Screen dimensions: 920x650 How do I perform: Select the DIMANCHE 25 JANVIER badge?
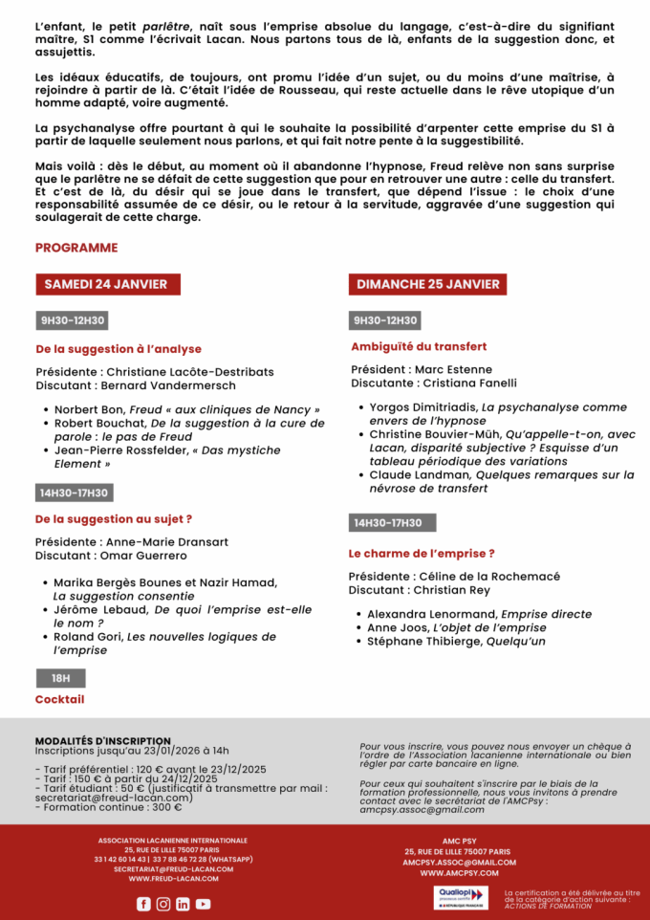coord(427,284)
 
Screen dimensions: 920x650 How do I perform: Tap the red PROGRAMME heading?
coord(76,248)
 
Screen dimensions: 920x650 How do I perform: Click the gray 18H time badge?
coord(60,678)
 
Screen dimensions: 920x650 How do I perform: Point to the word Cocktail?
coord(59,699)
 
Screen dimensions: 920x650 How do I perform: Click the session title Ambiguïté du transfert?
coord(419,347)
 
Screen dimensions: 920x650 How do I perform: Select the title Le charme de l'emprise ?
coord(422,553)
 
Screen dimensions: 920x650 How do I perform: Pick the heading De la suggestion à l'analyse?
coord(119,349)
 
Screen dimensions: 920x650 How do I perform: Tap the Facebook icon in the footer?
coord(143,904)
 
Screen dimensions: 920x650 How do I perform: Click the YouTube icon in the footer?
coord(203,904)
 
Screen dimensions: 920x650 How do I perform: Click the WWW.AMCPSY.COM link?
coord(459,873)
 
